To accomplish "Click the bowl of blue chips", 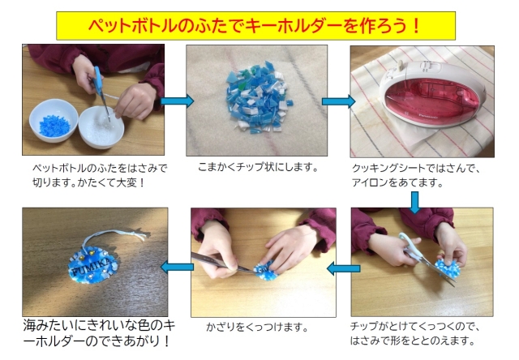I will [53, 123].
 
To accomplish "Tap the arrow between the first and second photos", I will [176, 101].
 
